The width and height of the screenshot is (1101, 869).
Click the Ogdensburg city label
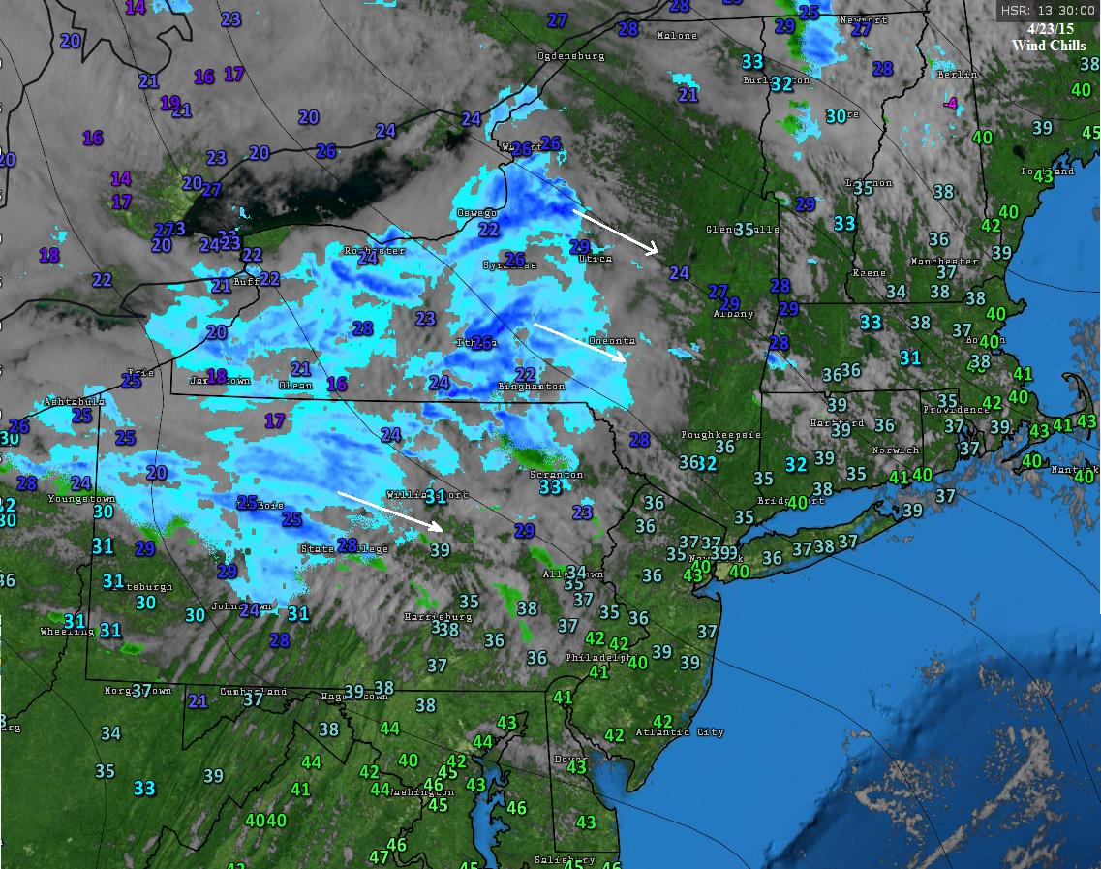tap(570, 56)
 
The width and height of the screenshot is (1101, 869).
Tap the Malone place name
tap(677, 36)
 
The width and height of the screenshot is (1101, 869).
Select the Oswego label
tap(476, 213)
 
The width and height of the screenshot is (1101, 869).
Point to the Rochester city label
tap(374, 250)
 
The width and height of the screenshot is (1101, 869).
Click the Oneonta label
tap(612, 341)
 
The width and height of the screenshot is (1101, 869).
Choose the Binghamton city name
tap(531, 387)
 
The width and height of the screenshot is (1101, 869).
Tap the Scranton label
tap(556, 475)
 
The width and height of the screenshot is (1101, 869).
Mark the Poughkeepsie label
tap(720, 435)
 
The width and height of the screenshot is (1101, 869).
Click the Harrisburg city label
tap(438, 616)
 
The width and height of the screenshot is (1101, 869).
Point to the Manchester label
tap(944, 262)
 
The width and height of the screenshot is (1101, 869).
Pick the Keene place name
tap(869, 273)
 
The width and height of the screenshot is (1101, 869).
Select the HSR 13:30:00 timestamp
tap(1048, 10)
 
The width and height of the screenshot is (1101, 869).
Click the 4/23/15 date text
tap(1050, 29)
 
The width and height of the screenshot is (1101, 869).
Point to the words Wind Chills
tap(1050, 46)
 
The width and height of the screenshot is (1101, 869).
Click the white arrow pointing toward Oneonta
tap(580, 342)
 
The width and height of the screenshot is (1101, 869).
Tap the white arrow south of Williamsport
tap(390, 511)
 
